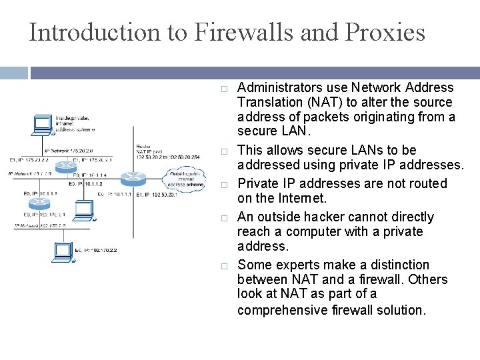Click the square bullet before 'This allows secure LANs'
pyautogui.click(x=225, y=151)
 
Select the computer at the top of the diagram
pyautogui.click(x=44, y=124)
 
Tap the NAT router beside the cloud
pyautogui.click(x=133, y=178)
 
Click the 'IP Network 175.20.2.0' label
pyautogui.click(x=69, y=151)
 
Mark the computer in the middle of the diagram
pyautogui.click(x=85, y=210)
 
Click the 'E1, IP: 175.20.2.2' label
pyautogui.click(x=29, y=160)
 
